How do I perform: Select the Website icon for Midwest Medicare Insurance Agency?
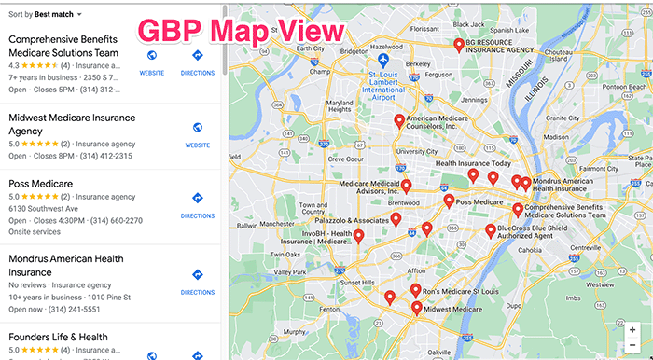197,128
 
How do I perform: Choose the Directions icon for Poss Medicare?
197,199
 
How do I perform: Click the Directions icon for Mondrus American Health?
197,275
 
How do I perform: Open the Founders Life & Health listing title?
58,337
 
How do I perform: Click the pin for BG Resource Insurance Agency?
459,44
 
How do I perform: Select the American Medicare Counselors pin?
399,120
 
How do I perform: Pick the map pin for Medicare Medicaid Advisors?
405,187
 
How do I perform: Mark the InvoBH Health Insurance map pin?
358,237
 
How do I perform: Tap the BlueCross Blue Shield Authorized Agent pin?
491,230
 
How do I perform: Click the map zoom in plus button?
633,329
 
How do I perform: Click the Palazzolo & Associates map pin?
396,219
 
